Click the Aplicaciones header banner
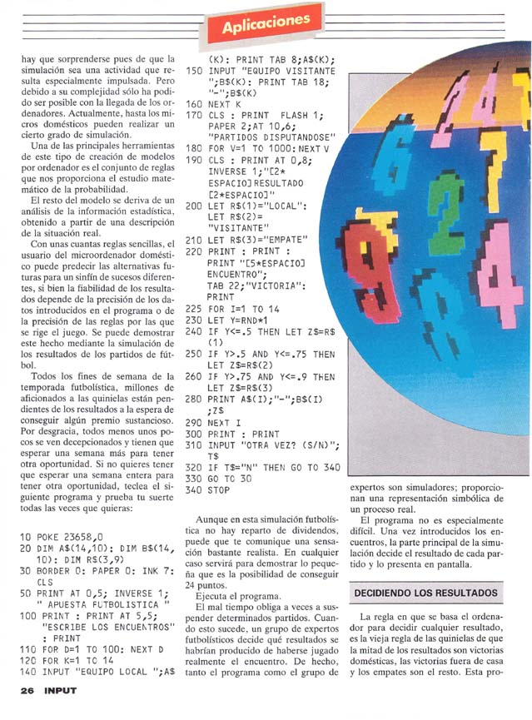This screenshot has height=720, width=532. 266,26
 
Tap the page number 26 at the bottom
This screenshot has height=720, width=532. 27,690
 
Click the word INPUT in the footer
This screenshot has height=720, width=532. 60,690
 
